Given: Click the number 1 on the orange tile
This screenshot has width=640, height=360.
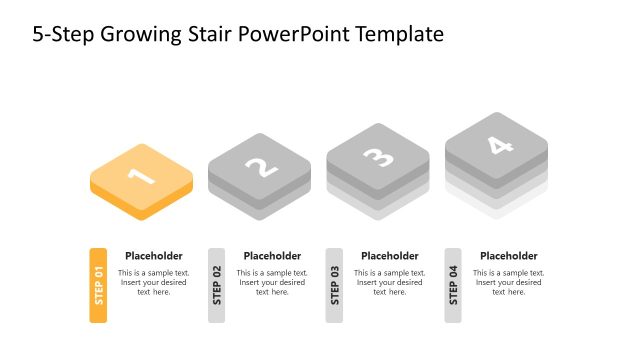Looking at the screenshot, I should click(141, 177).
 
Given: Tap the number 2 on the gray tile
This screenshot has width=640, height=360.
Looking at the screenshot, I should click(261, 166).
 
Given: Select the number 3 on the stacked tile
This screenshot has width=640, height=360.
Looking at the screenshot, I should click(378, 156).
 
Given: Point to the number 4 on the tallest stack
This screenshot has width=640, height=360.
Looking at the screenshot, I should click(497, 145).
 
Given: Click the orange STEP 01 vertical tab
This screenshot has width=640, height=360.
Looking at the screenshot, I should click(98, 285).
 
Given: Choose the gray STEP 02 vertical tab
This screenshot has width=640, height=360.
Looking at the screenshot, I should click(217, 285).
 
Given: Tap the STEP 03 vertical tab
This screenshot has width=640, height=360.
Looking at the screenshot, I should click(334, 285).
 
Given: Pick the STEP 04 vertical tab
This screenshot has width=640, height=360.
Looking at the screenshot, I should click(453, 285).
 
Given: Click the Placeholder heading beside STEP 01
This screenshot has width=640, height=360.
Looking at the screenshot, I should click(154, 256).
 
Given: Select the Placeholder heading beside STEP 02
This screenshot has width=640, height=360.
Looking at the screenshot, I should click(272, 256).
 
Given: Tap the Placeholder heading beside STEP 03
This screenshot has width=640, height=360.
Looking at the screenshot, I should click(390, 256).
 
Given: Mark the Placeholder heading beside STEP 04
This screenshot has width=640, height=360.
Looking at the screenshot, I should click(509, 256).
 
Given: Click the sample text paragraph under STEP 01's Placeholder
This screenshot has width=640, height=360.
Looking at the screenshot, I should click(154, 282).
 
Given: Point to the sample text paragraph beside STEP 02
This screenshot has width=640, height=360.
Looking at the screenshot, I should click(272, 282).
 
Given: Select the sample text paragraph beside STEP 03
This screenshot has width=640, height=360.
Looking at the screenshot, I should click(390, 282).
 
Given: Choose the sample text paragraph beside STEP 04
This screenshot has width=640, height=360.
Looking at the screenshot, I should click(509, 282).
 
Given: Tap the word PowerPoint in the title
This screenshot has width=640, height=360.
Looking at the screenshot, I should click(290, 34).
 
